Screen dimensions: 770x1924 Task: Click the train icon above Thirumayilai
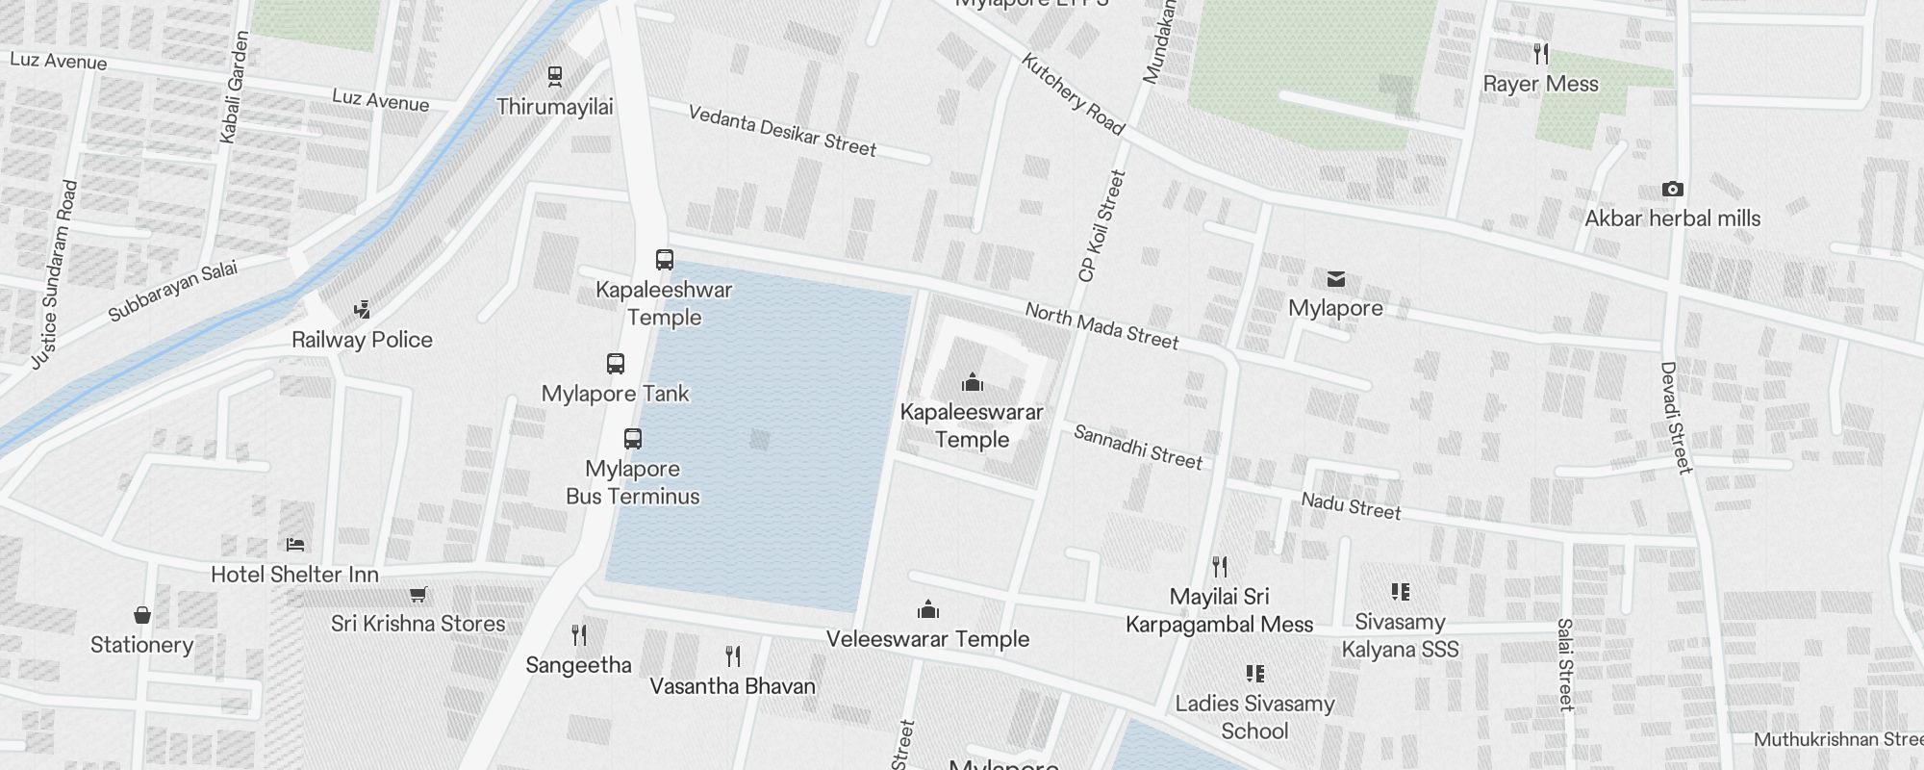(554, 75)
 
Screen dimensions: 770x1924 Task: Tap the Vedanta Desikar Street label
(782, 131)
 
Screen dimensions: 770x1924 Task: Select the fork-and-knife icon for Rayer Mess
(1541, 54)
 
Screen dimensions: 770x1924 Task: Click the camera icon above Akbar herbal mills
(1673, 190)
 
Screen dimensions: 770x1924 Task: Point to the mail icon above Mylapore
(1335, 279)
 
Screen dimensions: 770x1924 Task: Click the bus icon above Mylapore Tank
(616, 364)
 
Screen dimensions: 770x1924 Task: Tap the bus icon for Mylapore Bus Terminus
(632, 439)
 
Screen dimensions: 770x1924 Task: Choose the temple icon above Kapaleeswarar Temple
(973, 382)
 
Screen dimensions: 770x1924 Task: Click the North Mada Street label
(1101, 325)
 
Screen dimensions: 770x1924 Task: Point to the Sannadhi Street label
(1138, 448)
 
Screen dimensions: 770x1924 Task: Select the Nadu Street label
(1351, 505)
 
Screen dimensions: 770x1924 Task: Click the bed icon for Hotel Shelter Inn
(295, 545)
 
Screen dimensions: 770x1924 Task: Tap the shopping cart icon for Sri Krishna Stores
(418, 595)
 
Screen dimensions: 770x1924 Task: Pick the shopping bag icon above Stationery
(142, 615)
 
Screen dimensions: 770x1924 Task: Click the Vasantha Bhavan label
(732, 686)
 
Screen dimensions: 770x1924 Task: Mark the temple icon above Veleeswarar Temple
(928, 609)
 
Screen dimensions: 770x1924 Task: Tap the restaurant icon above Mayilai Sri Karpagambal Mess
(1220, 566)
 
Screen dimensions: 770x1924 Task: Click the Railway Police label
(362, 340)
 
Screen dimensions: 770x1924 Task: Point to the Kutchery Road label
(1072, 94)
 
